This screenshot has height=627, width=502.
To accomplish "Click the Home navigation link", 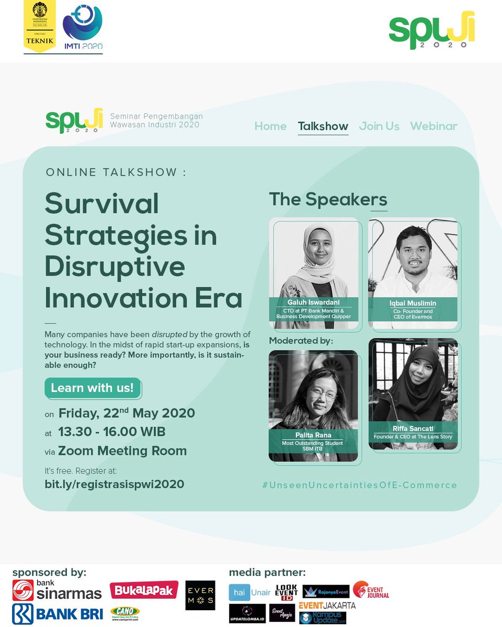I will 270,126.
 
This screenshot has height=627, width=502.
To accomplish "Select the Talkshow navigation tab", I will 323,126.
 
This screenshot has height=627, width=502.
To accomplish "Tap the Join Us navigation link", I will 379,126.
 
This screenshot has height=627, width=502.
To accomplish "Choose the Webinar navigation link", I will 433,126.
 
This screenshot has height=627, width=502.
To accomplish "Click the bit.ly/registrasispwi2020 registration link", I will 114,484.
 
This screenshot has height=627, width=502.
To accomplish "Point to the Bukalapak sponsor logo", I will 144,590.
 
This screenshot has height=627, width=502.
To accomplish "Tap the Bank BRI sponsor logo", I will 58,613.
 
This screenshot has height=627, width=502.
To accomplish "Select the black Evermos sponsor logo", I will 200,595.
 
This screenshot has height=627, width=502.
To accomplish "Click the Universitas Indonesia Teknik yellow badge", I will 40,27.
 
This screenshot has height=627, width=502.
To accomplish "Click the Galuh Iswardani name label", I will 313,303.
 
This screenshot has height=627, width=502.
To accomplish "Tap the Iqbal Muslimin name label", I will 413,303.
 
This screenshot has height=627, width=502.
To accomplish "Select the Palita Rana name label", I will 313,435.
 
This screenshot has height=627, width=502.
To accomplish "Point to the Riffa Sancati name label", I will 413,428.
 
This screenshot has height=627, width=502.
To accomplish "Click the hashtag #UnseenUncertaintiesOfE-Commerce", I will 360,485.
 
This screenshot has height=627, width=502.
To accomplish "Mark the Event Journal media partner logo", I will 371,590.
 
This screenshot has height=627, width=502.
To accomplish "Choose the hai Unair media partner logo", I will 250,593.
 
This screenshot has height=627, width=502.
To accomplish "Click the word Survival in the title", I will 101,203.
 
